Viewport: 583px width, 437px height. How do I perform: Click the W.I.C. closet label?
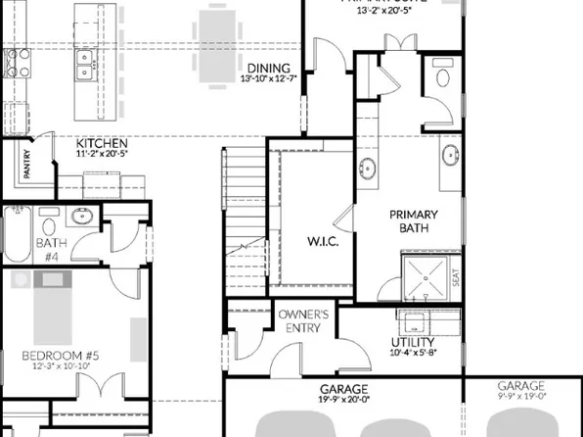pyautogui.click(x=322, y=240)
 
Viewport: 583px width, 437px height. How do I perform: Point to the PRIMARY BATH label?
pyautogui.click(x=414, y=221)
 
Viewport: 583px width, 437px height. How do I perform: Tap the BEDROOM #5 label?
pyautogui.click(x=63, y=354)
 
